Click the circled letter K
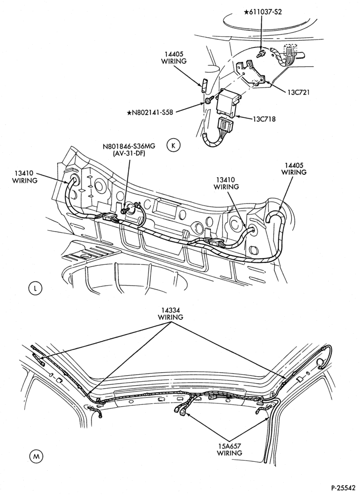tap(174, 146)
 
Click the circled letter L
tap(35, 289)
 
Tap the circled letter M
tap(36, 456)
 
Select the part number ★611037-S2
tap(263, 12)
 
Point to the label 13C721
tap(298, 92)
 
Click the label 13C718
tap(264, 119)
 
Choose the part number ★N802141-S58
tap(150, 112)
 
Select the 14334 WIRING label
tap(170, 314)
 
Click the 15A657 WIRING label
tap(229, 449)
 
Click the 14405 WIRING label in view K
tap(174, 57)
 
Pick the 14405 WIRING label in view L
tap(294, 169)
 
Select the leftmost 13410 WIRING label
tap(25, 177)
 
